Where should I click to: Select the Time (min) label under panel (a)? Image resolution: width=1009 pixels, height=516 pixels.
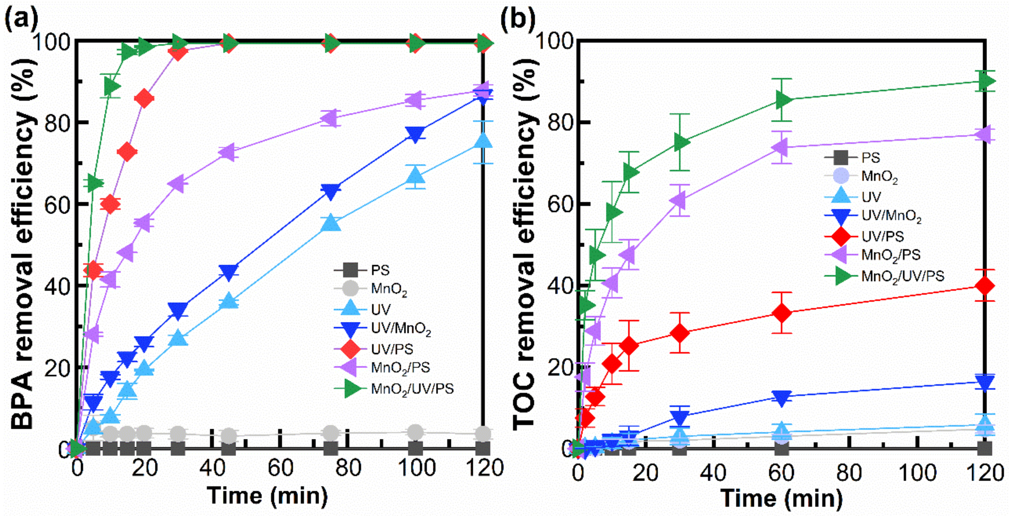(268, 496)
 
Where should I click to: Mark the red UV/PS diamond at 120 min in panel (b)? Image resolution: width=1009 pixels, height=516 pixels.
(984, 285)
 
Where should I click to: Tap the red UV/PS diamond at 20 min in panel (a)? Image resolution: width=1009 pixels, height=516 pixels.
(144, 98)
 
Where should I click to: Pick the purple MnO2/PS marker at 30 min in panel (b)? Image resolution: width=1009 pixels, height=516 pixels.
(679, 200)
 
